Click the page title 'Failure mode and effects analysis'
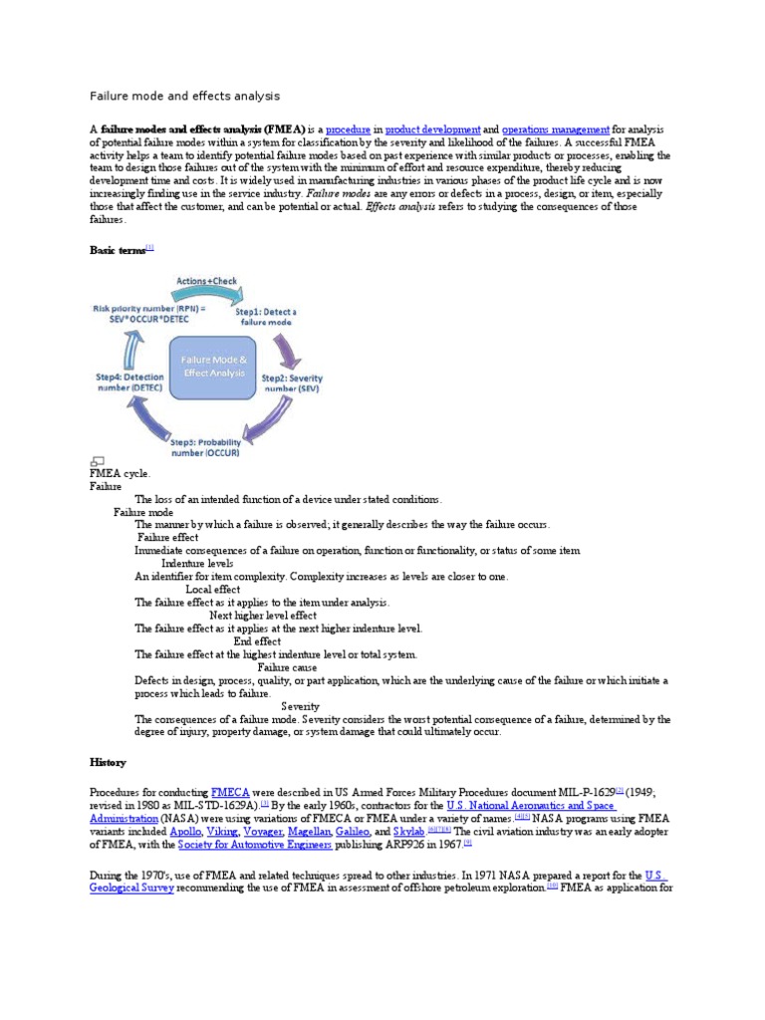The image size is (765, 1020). [x=184, y=96]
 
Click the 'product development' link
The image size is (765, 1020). [x=432, y=129]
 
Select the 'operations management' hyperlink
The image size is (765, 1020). [x=555, y=129]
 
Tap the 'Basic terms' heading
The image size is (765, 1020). [x=118, y=251]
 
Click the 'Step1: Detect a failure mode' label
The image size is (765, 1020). [x=265, y=318]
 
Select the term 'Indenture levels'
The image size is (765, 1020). [x=197, y=564]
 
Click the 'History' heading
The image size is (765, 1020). [x=108, y=762]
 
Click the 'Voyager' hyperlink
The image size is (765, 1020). [x=263, y=831]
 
